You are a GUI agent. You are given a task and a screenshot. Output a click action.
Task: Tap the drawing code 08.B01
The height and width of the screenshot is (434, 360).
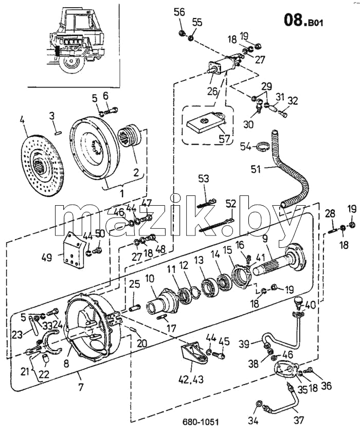click(303, 20)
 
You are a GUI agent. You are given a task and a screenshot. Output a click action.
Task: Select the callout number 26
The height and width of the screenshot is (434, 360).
click(213, 91)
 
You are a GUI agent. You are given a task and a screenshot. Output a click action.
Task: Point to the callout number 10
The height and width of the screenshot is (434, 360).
click(150, 278)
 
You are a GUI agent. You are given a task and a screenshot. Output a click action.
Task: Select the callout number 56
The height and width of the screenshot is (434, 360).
click(179, 12)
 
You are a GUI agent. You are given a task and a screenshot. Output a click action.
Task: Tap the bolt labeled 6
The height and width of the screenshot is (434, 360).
click(111, 111)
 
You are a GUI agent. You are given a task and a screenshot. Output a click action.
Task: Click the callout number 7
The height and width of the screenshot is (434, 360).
click(81, 387)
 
